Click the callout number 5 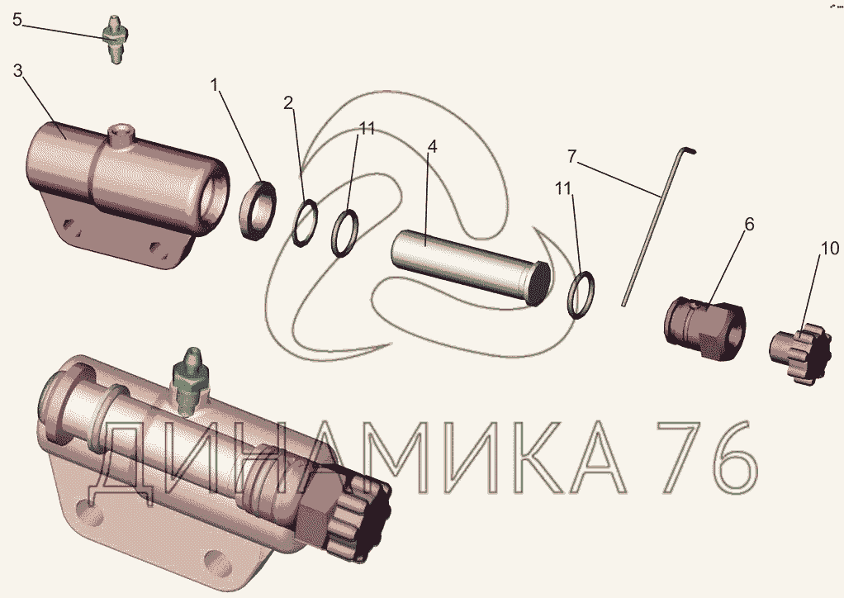(x=17, y=20)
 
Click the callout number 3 (x=18, y=70)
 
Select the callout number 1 (x=216, y=85)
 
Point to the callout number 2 (x=289, y=102)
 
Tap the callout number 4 (x=432, y=146)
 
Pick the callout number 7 (x=571, y=157)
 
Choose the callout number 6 (x=749, y=224)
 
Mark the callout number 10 (x=829, y=248)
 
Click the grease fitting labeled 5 (x=115, y=40)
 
